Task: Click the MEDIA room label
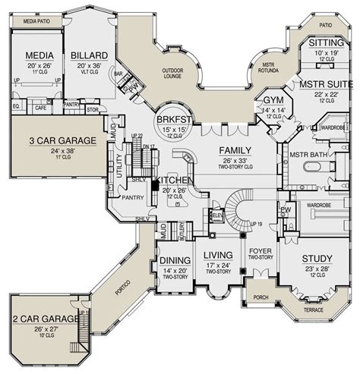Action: (x=38, y=55)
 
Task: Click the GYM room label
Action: (x=271, y=102)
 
